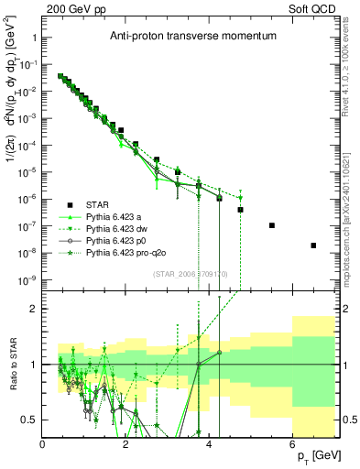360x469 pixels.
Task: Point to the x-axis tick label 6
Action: pyautogui.click(x=292, y=443)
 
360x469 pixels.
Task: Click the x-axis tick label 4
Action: pyautogui.click(x=210, y=443)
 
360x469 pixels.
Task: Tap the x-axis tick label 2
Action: pyautogui.click(x=126, y=443)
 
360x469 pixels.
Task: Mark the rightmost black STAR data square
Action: pyautogui.click(x=313, y=245)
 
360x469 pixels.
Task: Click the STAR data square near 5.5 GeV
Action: pyautogui.click(x=272, y=225)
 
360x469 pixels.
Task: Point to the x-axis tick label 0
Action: pyautogui.click(x=43, y=443)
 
